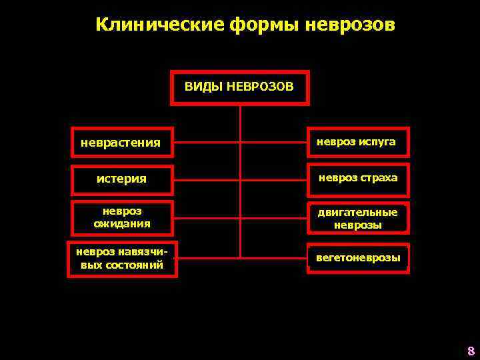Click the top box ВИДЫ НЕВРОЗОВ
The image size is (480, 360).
pos(240,87)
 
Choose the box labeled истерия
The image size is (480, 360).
pos(122,179)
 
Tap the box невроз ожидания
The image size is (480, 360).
pos(122,217)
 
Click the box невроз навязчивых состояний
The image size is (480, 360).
pos(122,257)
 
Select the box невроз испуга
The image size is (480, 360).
pos(358,142)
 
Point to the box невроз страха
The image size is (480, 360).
pos(358,178)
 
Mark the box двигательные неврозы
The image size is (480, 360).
pos(358,218)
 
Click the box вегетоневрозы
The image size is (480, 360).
pos(358,258)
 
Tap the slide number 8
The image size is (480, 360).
pos(470,351)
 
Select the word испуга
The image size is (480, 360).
pos(377,142)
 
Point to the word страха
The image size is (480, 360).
pos(378,178)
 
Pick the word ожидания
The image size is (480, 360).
pos(122,224)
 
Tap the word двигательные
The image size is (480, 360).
pos(358,212)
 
